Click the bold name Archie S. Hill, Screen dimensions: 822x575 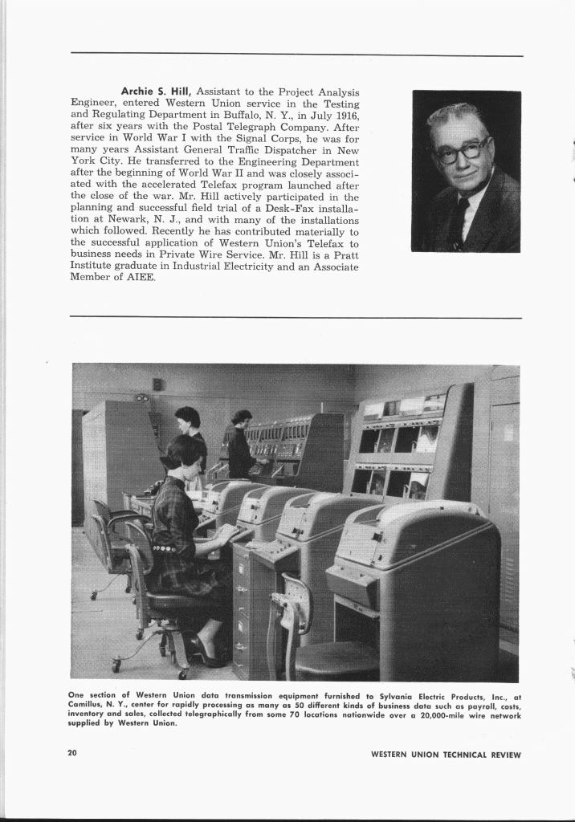[157, 92]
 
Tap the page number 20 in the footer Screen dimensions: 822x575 [72, 753]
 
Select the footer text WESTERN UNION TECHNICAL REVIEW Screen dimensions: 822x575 [446, 755]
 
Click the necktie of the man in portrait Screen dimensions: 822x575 [459, 221]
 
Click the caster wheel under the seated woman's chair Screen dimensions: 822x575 [116, 665]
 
